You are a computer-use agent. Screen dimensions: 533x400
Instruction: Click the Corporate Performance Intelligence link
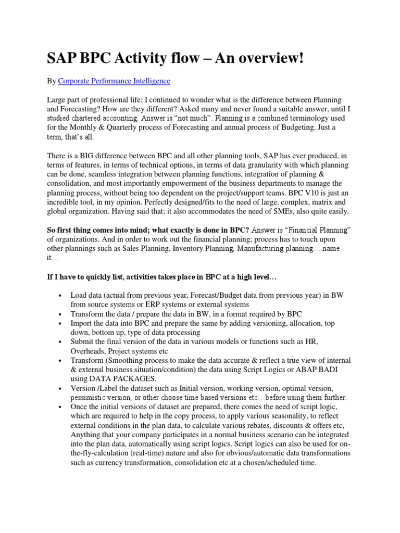tap(114, 81)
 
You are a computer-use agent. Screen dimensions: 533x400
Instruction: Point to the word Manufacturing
tap(261, 249)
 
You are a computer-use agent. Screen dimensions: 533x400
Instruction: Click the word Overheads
tap(87, 351)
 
